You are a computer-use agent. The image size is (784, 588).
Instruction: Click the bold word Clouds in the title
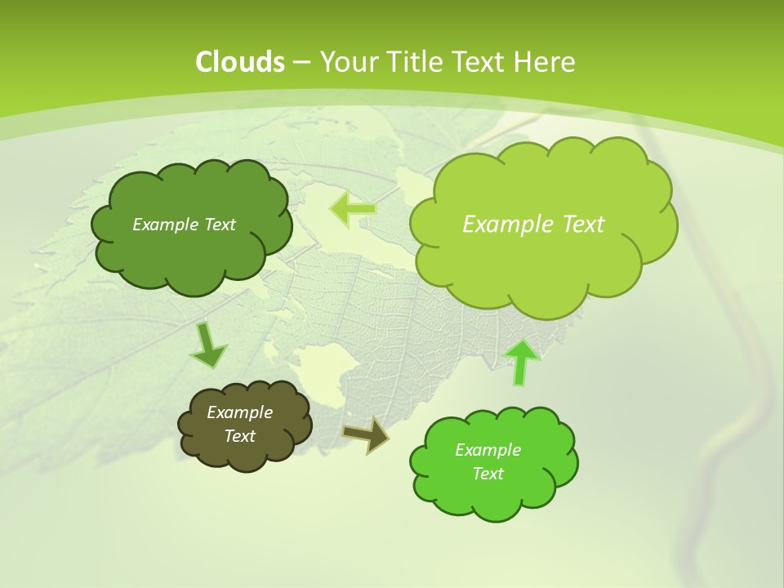(x=239, y=62)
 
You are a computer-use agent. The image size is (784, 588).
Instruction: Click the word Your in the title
(x=345, y=62)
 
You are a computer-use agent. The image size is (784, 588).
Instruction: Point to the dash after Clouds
(x=301, y=63)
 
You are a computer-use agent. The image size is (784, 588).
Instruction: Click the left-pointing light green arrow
(x=353, y=209)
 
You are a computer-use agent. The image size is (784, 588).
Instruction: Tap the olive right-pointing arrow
(x=366, y=434)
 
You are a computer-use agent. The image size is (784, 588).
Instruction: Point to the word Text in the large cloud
(x=577, y=225)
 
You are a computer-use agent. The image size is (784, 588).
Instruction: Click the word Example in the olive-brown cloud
(x=239, y=412)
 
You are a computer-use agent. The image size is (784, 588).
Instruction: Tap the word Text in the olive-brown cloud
(x=239, y=436)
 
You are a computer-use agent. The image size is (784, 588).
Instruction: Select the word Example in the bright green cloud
(x=488, y=450)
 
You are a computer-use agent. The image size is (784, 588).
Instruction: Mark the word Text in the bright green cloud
(x=488, y=474)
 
